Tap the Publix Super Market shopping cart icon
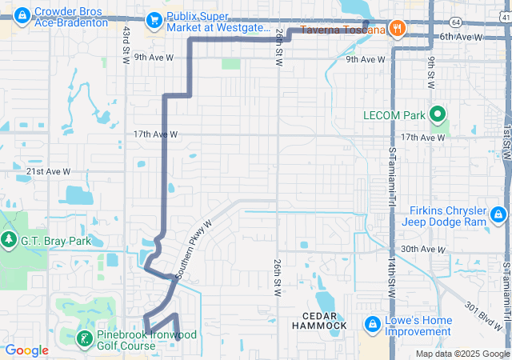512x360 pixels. pos(153,21)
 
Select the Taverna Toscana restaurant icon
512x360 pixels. pos(398,30)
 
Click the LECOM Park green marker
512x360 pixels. pos(437,115)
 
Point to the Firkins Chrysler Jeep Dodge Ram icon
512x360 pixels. pos(498,214)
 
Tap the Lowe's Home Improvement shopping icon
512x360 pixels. pos(372,325)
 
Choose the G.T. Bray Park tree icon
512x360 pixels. pos(9,239)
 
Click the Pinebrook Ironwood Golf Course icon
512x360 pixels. pos(84,338)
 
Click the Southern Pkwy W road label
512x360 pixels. pos(193,249)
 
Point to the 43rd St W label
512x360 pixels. pos(126,45)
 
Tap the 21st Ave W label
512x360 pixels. pos(48,172)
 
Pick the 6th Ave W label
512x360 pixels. pos(462,37)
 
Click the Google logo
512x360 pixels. pos(26,350)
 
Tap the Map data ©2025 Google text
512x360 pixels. pos(462,354)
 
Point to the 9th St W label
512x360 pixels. pos(430,73)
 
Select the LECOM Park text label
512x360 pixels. pos(394,115)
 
